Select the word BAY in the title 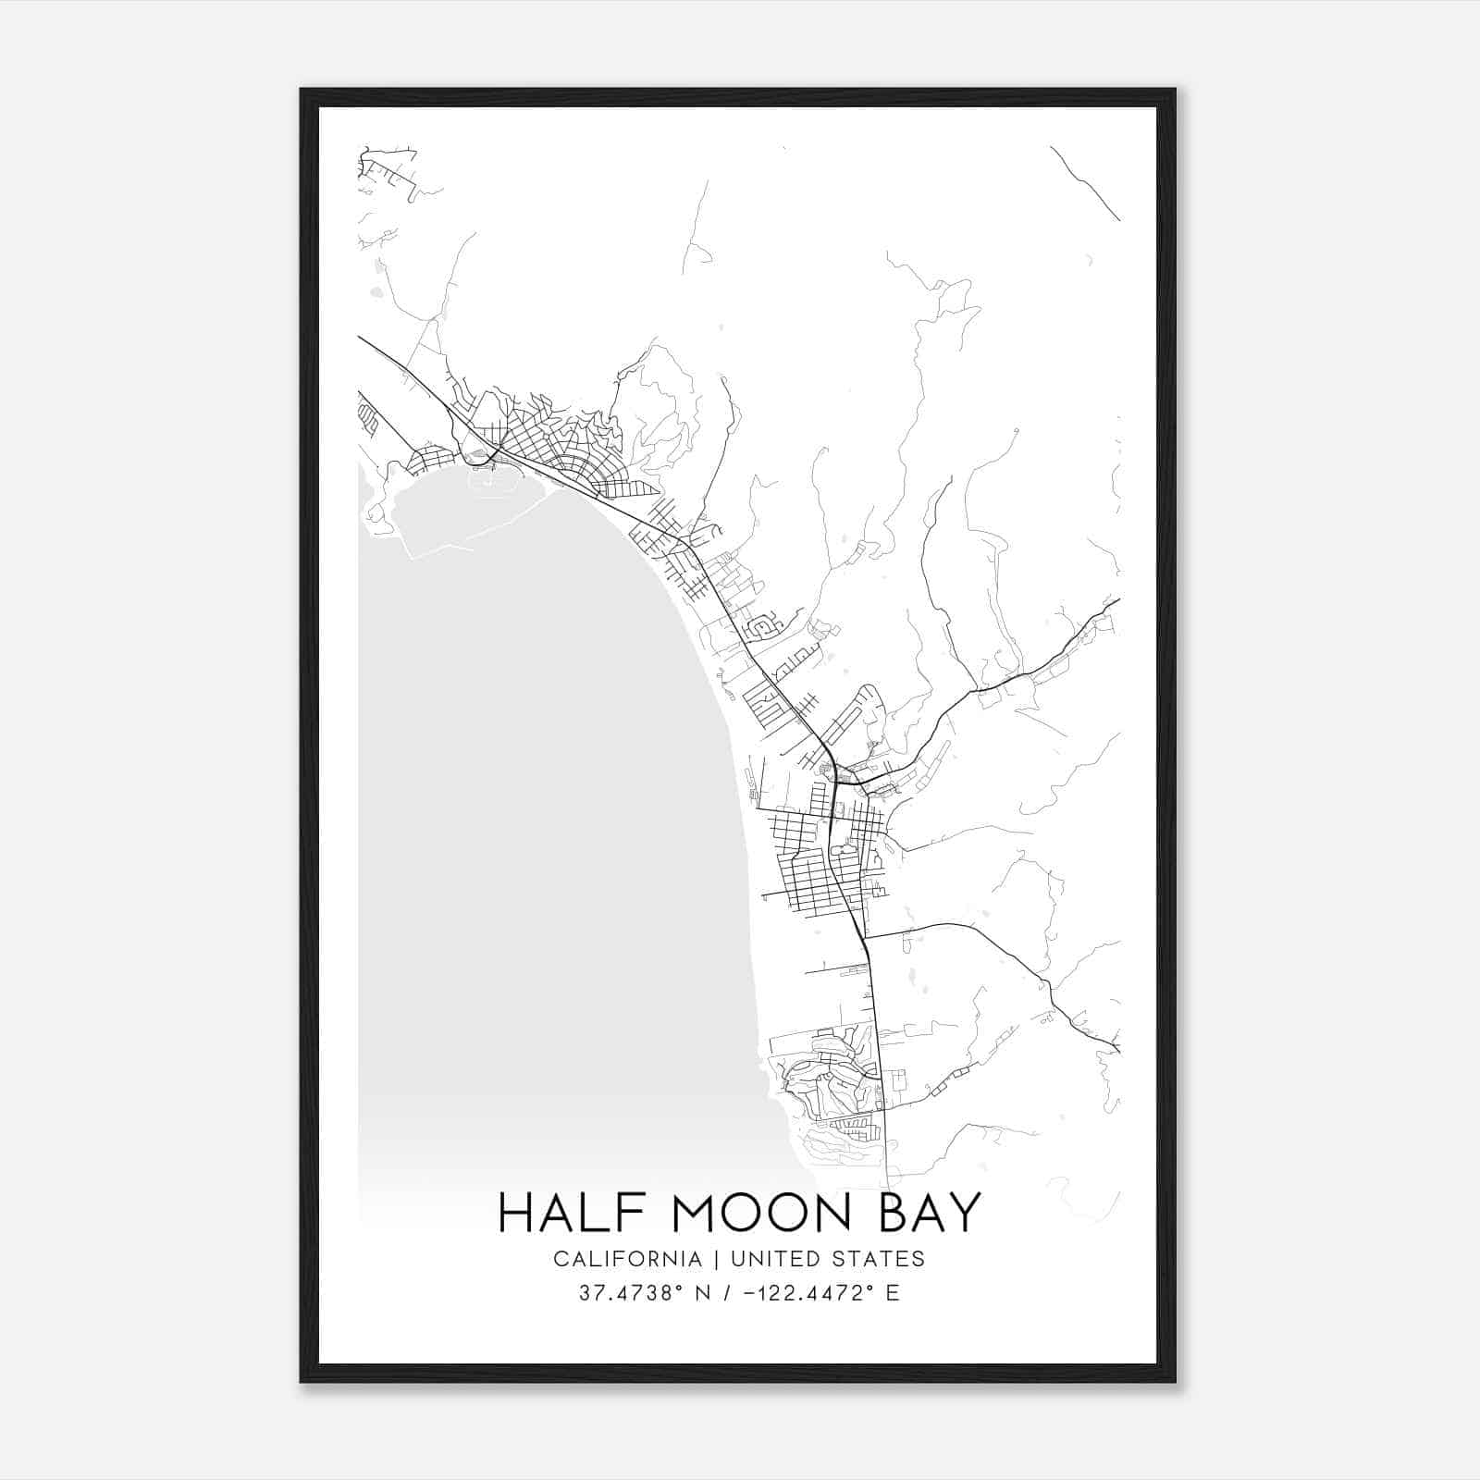tap(928, 1213)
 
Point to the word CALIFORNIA tap(627, 1259)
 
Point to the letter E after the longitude tap(893, 1293)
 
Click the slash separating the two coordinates tap(725, 1293)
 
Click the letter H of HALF tap(514, 1213)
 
